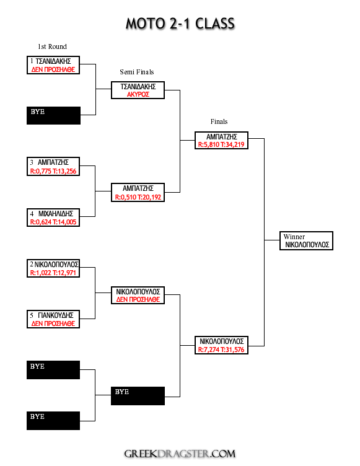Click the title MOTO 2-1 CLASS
(180, 24)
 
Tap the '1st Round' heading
(52, 46)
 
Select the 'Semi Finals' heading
(137, 72)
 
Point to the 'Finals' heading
(219, 121)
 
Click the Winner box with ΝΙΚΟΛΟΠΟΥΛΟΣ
(306, 240)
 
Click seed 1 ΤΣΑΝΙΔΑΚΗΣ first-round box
(53, 65)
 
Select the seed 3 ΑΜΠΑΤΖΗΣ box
(53, 167)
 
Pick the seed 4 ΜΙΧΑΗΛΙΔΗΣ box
(53, 218)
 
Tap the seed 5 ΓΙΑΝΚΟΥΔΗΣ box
(53, 319)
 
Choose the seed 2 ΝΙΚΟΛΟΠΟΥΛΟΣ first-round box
(53, 268)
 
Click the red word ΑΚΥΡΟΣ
(138, 95)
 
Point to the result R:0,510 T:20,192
(138, 197)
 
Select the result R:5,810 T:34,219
(221, 145)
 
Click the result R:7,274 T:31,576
(221, 349)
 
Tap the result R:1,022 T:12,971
(53, 273)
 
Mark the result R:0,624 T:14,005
(53, 222)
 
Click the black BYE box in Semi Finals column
(138, 396)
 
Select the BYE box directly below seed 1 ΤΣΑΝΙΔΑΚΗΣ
(53, 116)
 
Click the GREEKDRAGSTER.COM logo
(180, 454)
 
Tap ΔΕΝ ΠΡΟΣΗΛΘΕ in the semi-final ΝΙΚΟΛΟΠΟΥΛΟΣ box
(138, 299)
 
